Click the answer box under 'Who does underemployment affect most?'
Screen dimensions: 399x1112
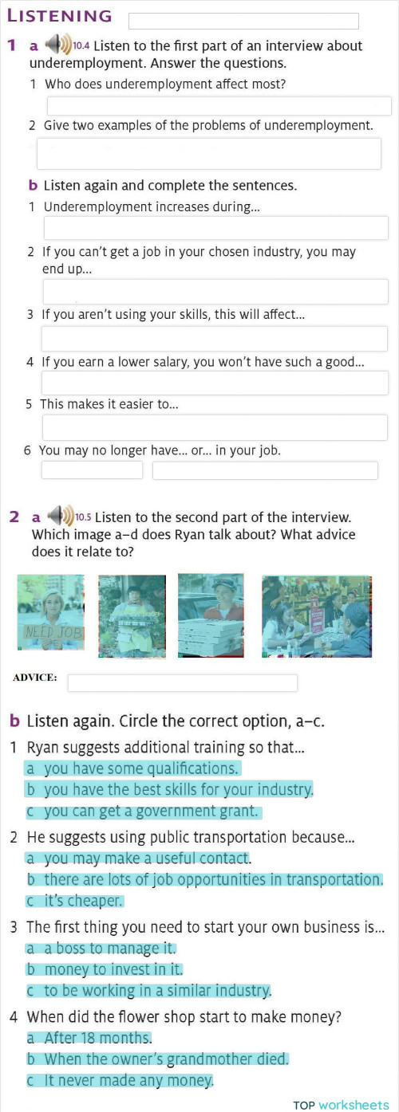tap(219, 106)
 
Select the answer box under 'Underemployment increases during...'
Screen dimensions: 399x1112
tap(215, 228)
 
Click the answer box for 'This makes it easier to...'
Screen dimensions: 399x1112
tap(215, 427)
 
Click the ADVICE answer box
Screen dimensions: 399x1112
tap(183, 682)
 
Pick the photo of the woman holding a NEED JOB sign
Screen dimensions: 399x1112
tap(51, 612)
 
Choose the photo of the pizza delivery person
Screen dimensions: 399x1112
tap(211, 615)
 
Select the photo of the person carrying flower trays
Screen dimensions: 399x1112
tap(132, 616)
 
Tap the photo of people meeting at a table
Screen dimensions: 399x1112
tap(317, 616)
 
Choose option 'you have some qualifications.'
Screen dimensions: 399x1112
tap(132, 768)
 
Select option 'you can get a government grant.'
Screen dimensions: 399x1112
tap(143, 811)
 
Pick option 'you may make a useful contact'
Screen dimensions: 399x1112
tap(137, 858)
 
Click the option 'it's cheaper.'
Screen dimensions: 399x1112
tap(74, 901)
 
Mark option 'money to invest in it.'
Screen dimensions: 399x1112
tap(105, 969)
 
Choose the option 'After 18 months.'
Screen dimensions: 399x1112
tap(89, 1038)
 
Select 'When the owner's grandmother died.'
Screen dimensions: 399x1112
tap(157, 1059)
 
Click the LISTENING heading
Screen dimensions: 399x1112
tap(60, 15)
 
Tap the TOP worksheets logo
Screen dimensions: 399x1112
tap(341, 1105)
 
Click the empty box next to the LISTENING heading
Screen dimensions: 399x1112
tap(243, 21)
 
